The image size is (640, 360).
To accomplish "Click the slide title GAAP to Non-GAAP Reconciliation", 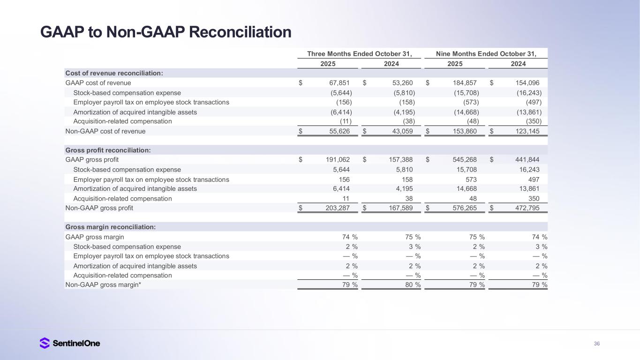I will click(x=166, y=32).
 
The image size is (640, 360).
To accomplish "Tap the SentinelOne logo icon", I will click(x=45, y=343).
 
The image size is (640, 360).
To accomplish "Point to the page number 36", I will click(x=596, y=344).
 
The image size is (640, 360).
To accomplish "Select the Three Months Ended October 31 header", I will click(x=359, y=53).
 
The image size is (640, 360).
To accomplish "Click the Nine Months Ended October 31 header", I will click(x=486, y=53).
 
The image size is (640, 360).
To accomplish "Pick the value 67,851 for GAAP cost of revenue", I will click(x=337, y=83).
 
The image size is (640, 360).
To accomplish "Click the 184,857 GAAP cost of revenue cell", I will click(x=463, y=83).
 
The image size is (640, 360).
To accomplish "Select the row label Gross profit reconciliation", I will click(x=108, y=150).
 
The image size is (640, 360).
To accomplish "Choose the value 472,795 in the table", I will click(x=527, y=208).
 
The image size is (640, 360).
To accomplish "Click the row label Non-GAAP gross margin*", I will click(x=103, y=285).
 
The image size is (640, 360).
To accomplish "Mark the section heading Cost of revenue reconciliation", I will click(x=114, y=73).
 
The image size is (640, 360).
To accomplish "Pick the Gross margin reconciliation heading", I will click(x=110, y=227).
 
